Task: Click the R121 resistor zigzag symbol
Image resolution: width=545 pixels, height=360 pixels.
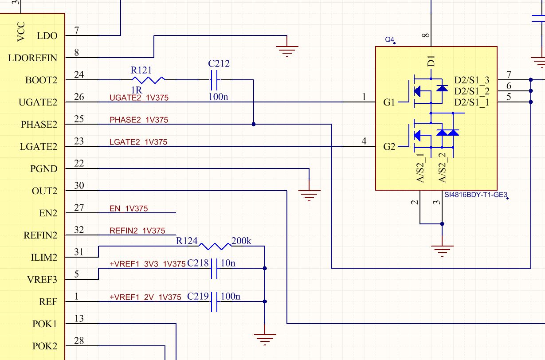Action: (149, 80)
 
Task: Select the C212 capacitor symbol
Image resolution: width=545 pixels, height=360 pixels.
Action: (214, 80)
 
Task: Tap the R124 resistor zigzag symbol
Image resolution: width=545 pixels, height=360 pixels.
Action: (215, 246)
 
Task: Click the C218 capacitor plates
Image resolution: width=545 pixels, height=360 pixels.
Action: (214, 268)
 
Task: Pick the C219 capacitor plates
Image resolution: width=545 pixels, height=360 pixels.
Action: (214, 301)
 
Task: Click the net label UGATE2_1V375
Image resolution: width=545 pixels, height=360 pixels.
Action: (139, 98)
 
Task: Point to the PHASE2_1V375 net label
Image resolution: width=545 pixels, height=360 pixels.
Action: (139, 120)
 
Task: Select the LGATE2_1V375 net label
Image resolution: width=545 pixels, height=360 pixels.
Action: (138, 142)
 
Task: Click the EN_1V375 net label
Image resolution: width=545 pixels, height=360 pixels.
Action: (129, 209)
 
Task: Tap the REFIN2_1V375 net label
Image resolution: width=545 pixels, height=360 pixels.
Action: (137, 231)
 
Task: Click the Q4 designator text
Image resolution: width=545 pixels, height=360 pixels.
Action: (389, 39)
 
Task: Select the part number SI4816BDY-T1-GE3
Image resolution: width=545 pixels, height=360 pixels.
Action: (476, 195)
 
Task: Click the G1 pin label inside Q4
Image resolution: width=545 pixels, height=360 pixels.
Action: (389, 102)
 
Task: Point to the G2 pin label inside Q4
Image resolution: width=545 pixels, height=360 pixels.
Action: (389, 147)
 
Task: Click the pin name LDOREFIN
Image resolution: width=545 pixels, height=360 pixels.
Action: (33, 58)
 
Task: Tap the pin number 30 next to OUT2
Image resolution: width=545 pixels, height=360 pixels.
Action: (79, 186)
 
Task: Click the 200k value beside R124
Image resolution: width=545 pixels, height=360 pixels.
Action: (241, 241)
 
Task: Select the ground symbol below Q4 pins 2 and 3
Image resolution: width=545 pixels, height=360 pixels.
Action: (442, 251)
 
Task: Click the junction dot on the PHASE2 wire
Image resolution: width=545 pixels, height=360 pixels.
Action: (254, 124)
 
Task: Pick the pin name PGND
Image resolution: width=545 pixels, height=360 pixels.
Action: (44, 169)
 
